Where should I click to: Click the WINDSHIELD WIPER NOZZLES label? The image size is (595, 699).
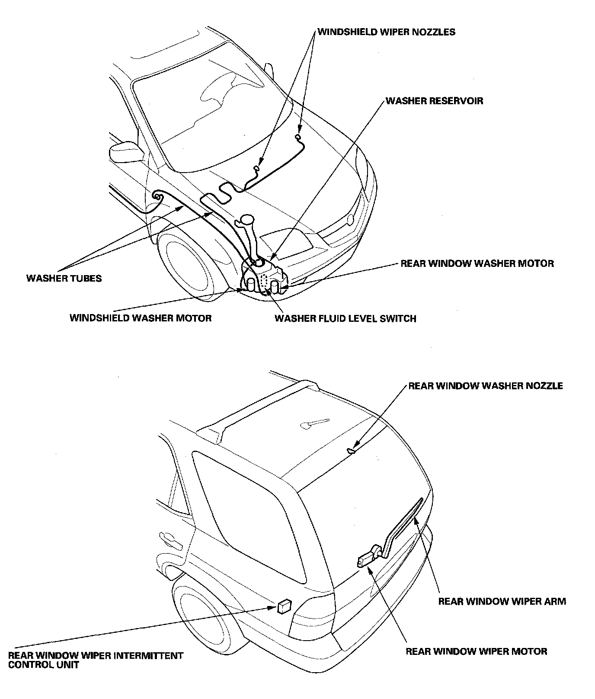tap(386, 32)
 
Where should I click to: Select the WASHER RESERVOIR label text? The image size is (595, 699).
tap(434, 101)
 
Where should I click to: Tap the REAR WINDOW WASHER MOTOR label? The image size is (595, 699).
tap(477, 263)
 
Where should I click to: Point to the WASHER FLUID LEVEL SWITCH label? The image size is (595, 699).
tap(345, 319)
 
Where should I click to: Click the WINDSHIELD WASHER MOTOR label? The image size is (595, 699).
tap(141, 318)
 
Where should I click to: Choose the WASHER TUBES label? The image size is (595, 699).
tap(64, 278)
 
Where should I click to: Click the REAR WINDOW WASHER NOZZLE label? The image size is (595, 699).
tap(486, 386)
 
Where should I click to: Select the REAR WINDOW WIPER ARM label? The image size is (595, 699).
tap(502, 601)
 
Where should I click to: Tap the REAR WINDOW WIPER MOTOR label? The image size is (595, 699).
tap(476, 651)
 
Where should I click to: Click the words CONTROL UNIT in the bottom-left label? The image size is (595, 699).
tap(44, 665)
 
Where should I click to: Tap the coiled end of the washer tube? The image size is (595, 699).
tap(157, 198)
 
